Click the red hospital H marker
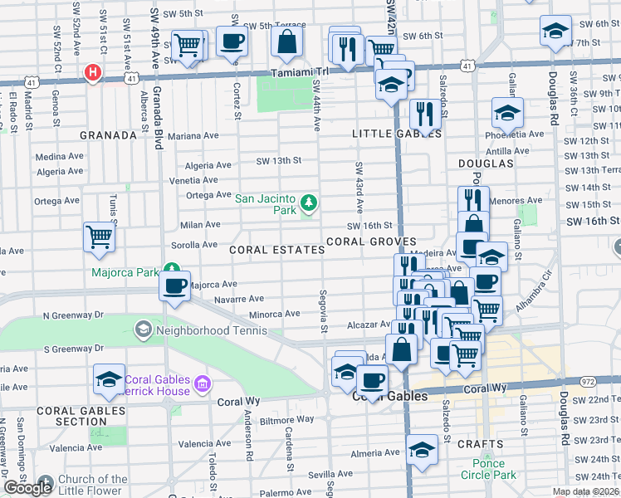click(93, 73)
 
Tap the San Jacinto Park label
click(266, 204)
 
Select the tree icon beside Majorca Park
click(172, 268)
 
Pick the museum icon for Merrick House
click(201, 384)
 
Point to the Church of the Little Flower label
click(93, 485)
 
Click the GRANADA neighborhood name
click(108, 134)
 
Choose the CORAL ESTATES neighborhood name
click(276, 250)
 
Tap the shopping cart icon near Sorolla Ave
click(99, 237)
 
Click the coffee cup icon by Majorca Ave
click(175, 286)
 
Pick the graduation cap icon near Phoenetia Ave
click(507, 111)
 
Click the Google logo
click(27, 488)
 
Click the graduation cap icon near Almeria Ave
click(423, 451)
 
